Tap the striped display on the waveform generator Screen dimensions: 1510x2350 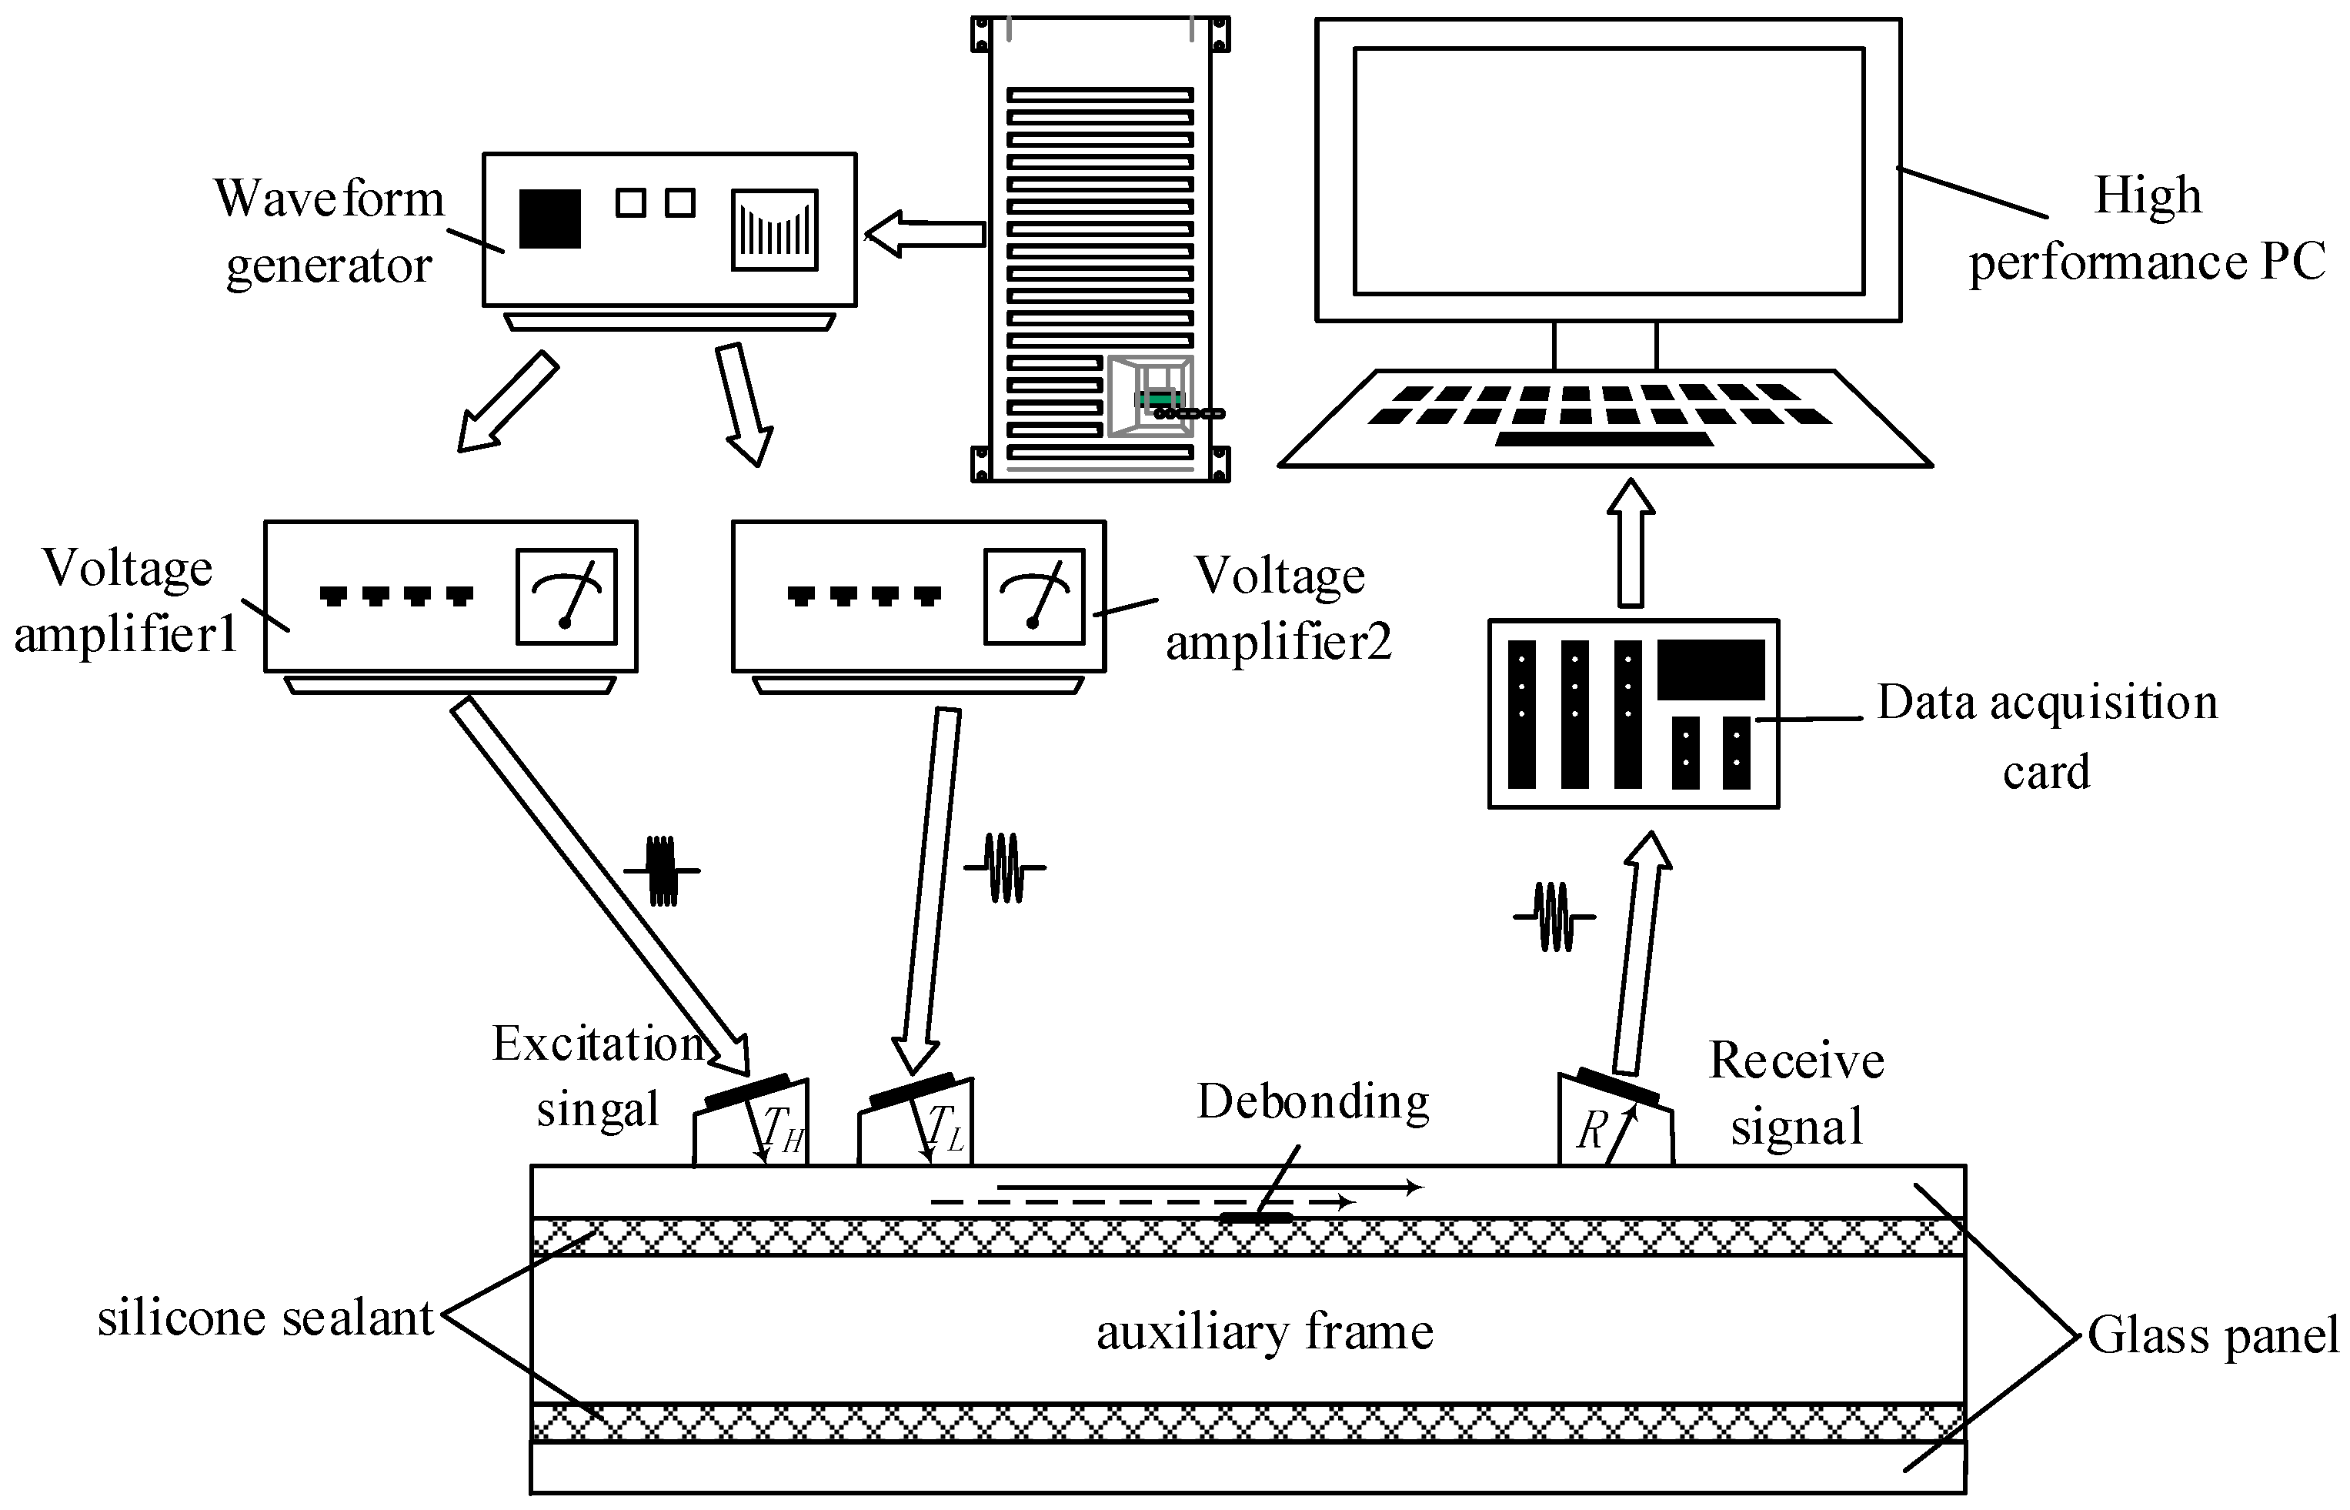[775, 229]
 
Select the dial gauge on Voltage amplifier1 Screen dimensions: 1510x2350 [566, 596]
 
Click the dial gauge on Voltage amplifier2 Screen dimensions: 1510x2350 [1033, 596]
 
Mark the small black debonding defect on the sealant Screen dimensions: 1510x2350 [1256, 1218]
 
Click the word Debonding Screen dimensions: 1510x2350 [1313, 1102]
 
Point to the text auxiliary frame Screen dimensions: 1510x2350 [1265, 1332]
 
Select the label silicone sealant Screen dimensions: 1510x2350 [265, 1318]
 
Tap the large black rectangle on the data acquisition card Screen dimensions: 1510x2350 [1711, 670]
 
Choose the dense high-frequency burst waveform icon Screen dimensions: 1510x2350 [663, 870]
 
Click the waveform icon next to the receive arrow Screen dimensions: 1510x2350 [1554, 917]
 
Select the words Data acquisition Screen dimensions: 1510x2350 [2047, 702]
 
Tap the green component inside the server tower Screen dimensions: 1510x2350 [1161, 399]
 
